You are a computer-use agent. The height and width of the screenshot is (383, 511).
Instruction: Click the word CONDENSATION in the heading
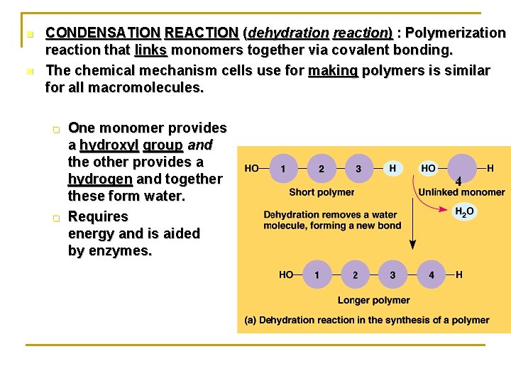click(102, 33)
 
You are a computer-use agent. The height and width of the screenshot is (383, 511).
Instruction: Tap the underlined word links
click(150, 50)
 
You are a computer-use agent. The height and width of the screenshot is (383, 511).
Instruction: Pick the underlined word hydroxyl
click(109, 145)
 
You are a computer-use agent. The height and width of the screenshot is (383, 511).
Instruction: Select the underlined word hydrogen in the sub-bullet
click(100, 179)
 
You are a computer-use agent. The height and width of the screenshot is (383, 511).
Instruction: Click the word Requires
click(98, 216)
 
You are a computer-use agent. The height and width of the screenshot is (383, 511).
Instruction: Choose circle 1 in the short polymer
click(284, 169)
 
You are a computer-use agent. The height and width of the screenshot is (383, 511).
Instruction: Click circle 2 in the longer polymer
click(355, 274)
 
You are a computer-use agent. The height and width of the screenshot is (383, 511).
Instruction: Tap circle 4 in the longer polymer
click(431, 274)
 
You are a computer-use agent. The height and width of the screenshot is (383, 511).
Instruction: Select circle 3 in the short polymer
click(358, 169)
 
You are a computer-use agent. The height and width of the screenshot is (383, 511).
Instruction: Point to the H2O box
click(463, 211)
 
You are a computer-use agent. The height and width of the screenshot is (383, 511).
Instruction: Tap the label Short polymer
click(322, 192)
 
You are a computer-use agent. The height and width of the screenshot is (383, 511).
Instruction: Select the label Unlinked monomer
click(461, 192)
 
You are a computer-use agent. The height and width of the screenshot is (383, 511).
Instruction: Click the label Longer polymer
click(373, 300)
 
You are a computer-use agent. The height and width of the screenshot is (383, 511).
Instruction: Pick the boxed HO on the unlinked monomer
click(428, 168)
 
